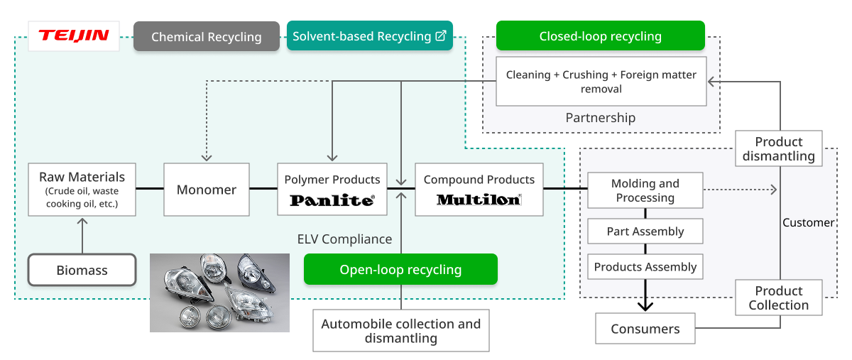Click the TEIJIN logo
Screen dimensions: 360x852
tap(73, 36)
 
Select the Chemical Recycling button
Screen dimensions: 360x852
tap(206, 36)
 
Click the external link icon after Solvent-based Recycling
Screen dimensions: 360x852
tap(441, 36)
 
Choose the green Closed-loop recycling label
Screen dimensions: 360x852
tap(600, 36)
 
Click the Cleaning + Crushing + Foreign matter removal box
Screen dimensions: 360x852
tap(601, 82)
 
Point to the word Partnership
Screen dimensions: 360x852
tap(600, 118)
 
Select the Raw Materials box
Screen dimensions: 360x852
tap(82, 190)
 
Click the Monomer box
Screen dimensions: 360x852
tap(207, 190)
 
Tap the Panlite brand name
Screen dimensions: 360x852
tap(332, 200)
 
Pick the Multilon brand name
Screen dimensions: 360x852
tap(479, 200)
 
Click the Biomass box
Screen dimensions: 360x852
tap(82, 271)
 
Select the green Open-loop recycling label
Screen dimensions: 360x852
tap(400, 270)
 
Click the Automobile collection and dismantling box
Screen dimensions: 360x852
tap(401, 330)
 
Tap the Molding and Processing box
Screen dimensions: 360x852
tap(645, 190)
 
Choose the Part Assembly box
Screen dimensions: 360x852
tap(645, 231)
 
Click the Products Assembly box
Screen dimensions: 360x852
tap(645, 267)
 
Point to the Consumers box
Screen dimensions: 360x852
tap(645, 329)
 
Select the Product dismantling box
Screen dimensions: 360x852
tap(779, 148)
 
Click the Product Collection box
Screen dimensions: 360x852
tap(779, 298)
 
